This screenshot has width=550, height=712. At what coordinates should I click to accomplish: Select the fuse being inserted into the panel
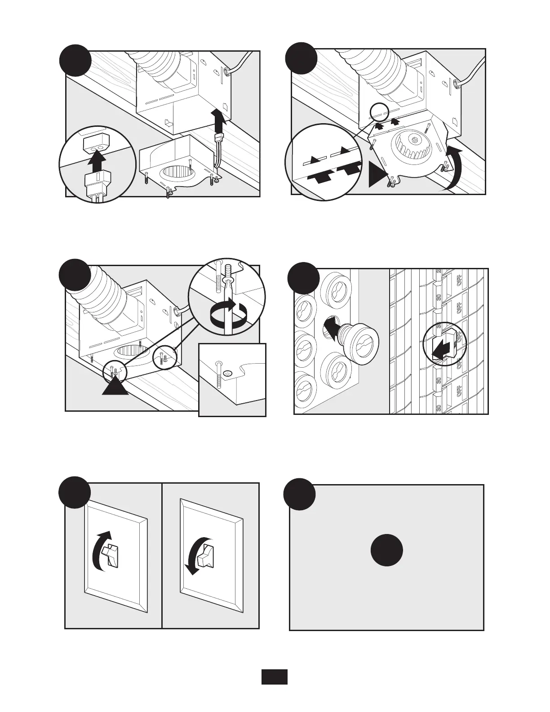360,340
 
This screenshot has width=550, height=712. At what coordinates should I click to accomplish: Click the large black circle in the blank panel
386,550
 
